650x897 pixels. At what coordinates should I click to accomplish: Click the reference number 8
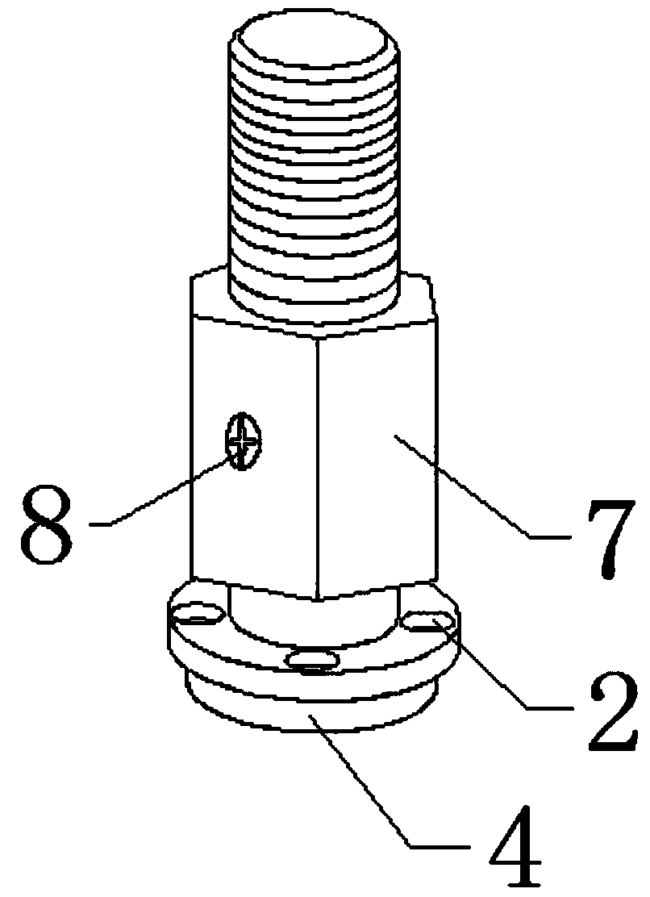click(46, 526)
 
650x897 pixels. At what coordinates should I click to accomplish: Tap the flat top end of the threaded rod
click(312, 42)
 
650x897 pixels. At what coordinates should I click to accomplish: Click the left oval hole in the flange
click(198, 614)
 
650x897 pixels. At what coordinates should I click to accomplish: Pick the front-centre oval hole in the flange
click(311, 660)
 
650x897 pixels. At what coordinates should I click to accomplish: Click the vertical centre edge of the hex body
click(317, 469)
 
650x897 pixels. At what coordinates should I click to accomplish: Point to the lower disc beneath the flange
click(311, 709)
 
